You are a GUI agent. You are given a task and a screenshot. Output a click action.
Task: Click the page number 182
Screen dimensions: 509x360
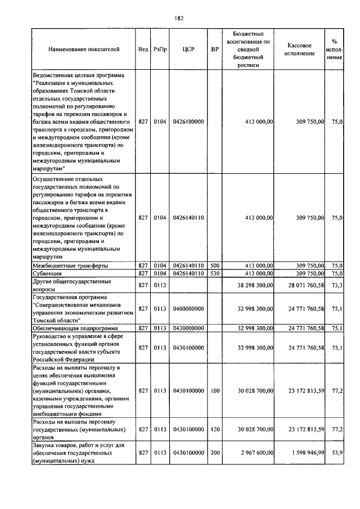click(180, 18)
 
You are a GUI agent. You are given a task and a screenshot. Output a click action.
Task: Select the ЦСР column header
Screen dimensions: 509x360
click(188, 49)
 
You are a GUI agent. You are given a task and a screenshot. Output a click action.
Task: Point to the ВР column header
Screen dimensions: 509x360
click(214, 49)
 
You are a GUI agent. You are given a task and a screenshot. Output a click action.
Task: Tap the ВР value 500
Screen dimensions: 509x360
click(214, 265)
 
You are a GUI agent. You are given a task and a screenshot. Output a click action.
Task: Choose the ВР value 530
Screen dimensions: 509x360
click(214, 273)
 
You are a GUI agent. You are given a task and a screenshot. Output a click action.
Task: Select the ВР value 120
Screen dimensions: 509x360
click(214, 429)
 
